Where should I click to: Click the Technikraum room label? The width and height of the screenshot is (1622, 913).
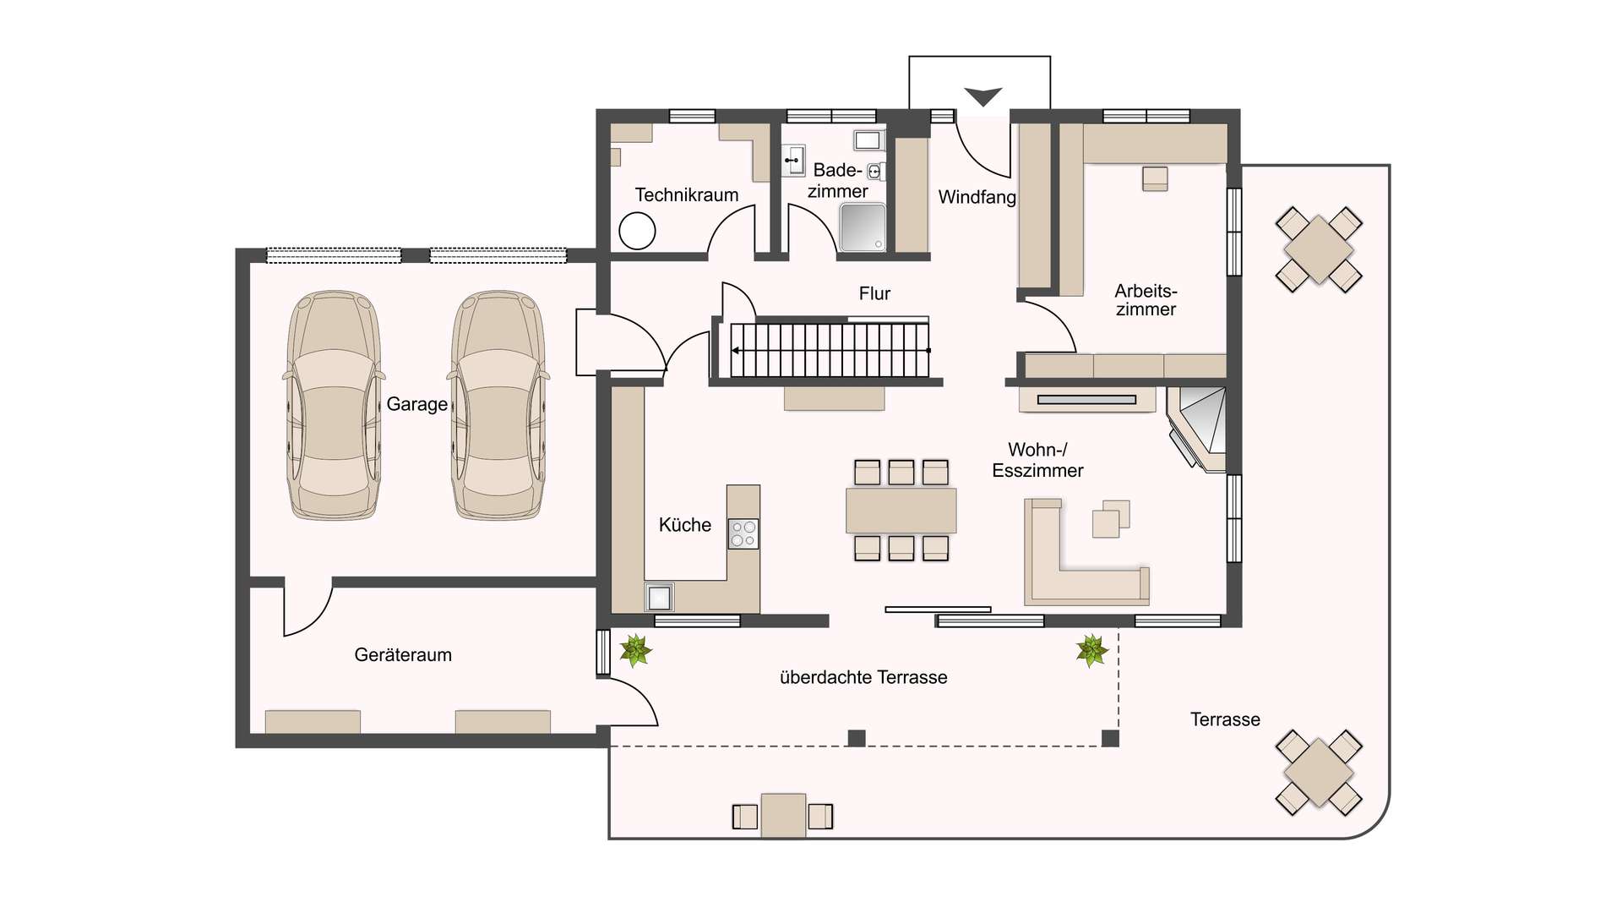coord(686,195)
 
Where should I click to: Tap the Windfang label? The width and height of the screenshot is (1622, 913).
coord(977,197)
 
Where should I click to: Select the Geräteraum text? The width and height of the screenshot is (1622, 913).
coord(403,655)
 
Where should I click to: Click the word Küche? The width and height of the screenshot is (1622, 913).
coord(684,525)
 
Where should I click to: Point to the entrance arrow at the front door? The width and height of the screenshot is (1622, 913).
coord(982,96)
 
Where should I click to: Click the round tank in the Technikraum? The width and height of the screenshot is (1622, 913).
coord(637,231)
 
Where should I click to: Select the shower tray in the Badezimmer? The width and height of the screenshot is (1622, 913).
coord(863,226)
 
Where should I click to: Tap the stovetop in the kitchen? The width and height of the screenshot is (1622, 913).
coord(743,534)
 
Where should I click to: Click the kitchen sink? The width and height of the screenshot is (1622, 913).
coord(659,597)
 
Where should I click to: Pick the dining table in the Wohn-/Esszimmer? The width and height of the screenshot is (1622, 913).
coord(901,511)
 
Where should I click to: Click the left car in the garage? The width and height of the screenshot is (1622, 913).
coord(334,405)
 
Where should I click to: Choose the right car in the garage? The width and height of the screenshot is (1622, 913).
coord(498,405)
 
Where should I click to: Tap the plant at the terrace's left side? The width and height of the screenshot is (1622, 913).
coord(635,651)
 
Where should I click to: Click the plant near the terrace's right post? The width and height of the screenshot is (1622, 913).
coord(1091,651)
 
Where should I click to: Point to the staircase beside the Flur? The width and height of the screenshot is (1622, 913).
coord(830,350)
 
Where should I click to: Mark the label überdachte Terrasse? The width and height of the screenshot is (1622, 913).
coord(863,678)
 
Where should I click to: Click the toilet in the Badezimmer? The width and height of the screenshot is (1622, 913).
coord(875,172)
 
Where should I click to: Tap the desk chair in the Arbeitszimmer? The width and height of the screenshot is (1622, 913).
coord(1155,178)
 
